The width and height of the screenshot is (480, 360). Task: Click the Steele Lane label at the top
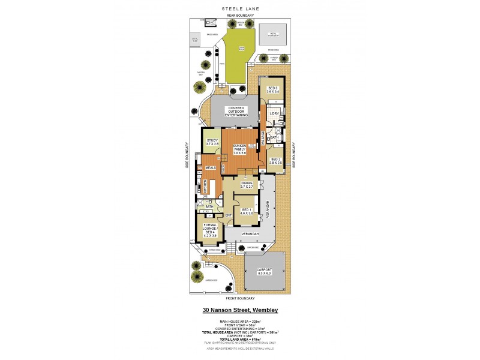[x=239, y=8]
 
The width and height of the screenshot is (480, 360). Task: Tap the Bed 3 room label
[x=273, y=90]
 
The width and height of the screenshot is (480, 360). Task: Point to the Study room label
[x=212, y=142]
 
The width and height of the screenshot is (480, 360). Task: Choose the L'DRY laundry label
[x=274, y=113]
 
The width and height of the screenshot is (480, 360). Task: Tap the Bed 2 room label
[x=275, y=161]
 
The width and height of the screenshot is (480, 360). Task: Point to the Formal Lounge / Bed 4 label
[x=209, y=231]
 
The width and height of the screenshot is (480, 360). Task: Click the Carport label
[x=265, y=272]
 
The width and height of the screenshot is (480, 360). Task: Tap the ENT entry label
[x=228, y=215]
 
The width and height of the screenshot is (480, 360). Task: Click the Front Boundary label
[x=240, y=298]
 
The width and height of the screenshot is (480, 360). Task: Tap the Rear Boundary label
[x=239, y=15]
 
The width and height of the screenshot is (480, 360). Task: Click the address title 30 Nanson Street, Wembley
[x=239, y=310]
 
